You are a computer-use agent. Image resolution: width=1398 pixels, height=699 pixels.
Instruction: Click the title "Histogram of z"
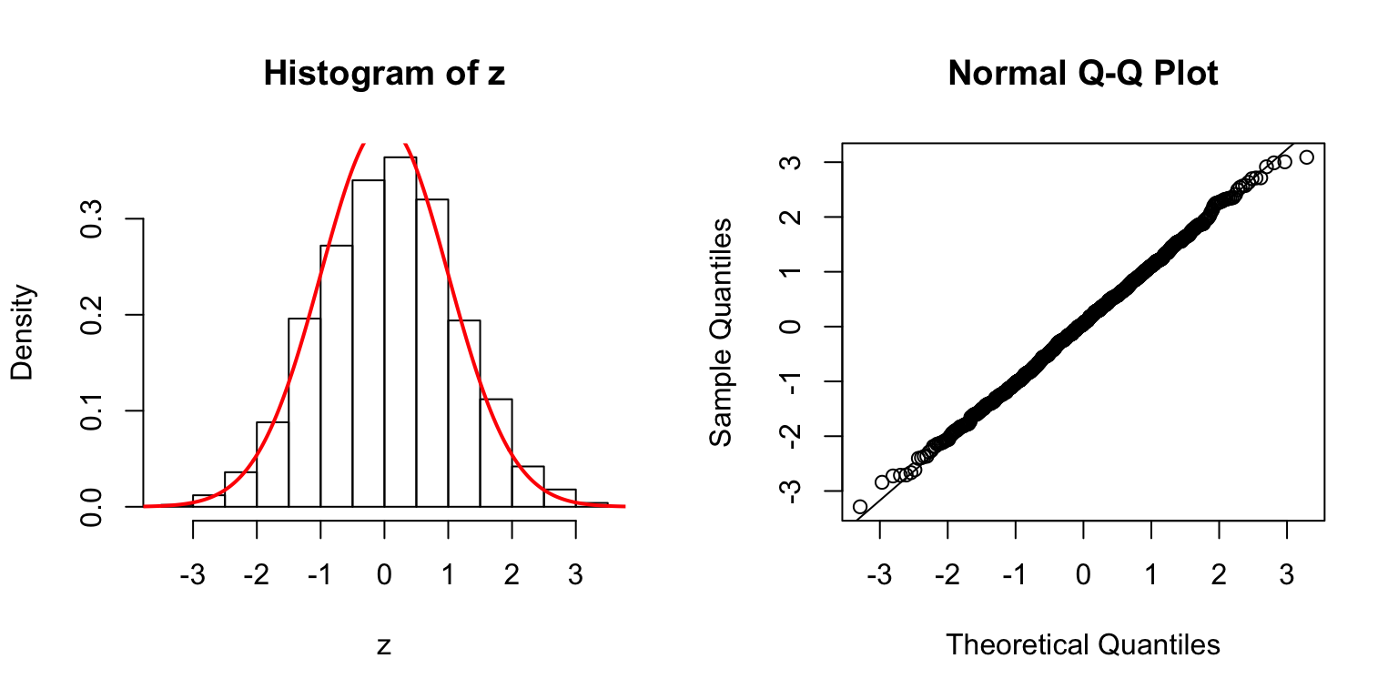click(x=383, y=74)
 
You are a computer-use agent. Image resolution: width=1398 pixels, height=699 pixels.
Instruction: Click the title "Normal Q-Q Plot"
click(x=1082, y=74)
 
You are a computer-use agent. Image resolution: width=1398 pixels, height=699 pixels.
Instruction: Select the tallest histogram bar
click(x=400, y=332)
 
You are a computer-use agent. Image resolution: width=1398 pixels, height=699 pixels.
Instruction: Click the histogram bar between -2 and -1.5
click(x=272, y=464)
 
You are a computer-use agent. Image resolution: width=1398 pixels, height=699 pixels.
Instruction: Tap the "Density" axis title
click(x=23, y=332)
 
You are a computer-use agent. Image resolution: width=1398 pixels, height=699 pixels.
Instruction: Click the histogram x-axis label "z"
click(x=384, y=646)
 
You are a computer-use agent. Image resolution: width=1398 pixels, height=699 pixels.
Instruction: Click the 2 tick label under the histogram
click(x=512, y=551)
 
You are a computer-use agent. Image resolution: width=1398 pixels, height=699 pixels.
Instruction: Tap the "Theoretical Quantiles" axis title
click(x=1082, y=645)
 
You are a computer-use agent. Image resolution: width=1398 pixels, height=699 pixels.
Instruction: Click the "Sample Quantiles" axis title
click(x=721, y=332)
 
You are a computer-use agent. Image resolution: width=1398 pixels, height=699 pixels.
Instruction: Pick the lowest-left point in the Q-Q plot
click(x=859, y=506)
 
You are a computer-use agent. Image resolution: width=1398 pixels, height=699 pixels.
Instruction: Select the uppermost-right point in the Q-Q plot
click(x=1306, y=157)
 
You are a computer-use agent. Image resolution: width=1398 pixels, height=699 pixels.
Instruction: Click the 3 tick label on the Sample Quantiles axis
click(x=792, y=162)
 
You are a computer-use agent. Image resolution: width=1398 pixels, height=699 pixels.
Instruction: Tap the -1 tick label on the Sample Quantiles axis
click(x=792, y=381)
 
